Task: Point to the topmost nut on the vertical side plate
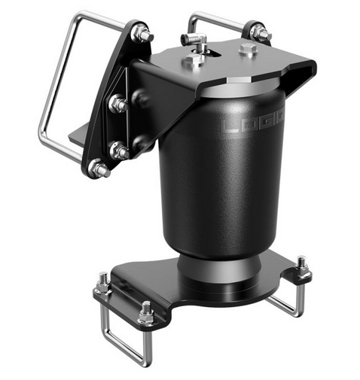coord(142,34)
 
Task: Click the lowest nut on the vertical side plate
coord(99,169)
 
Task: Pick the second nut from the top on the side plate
coord(118,105)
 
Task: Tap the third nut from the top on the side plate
coord(119,150)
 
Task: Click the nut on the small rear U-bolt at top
coord(260,32)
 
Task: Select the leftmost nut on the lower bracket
coord(103,284)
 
